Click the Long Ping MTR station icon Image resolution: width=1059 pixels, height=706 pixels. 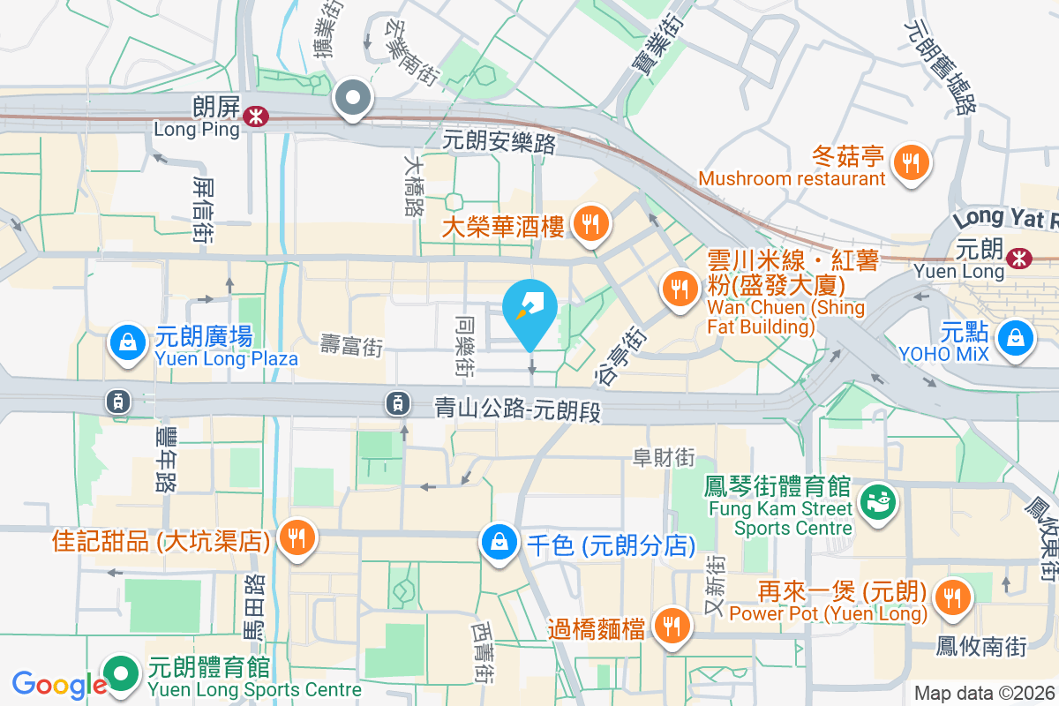pos(256,116)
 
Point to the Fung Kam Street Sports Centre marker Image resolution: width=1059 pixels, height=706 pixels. pos(879,502)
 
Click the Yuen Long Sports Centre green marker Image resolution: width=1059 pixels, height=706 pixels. pos(122,675)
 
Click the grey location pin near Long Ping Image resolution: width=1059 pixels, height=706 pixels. pos(354,99)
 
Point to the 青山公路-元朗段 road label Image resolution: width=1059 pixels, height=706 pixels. pos(518,408)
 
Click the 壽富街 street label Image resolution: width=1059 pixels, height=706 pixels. pos(351,346)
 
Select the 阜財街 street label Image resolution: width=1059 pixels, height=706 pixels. pos(664,457)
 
